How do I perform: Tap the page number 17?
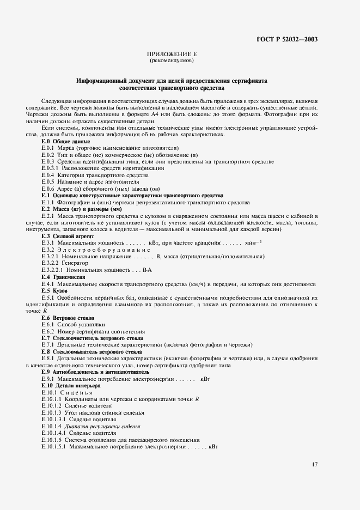[x=315, y=464]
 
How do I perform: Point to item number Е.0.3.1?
[x=53, y=168]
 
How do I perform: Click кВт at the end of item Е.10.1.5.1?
[x=212, y=446]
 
